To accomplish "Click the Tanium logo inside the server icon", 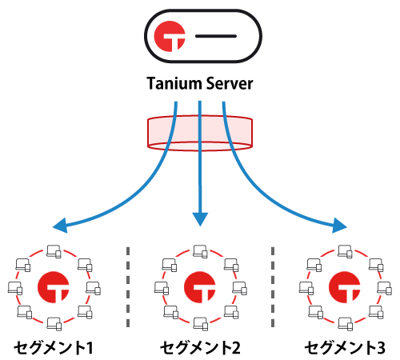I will [170, 38].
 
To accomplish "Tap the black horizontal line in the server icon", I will [215, 38].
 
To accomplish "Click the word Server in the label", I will [230, 83].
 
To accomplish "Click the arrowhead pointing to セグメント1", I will [58, 226].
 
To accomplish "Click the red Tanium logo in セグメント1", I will [53, 286].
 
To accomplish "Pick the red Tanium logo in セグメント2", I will [200, 286].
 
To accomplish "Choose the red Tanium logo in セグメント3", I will [346, 286].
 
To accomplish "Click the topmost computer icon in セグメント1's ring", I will [54, 250].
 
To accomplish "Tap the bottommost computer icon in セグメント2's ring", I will [201, 322].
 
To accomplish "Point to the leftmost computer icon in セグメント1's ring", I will [15, 286].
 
